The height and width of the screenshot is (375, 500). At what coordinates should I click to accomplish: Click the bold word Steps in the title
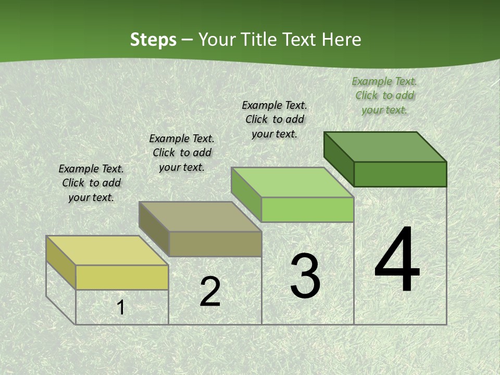tap(153, 40)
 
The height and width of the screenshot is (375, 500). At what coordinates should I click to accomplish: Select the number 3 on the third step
tap(305, 276)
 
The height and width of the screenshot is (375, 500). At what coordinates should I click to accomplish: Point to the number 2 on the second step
tap(210, 292)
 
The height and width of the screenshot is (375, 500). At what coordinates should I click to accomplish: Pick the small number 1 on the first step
tap(121, 308)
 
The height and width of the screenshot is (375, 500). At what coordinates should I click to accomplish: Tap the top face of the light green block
tap(293, 182)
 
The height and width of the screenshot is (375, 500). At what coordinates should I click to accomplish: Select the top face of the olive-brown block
tap(200, 217)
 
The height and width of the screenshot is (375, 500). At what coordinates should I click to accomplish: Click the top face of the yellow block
tap(107, 251)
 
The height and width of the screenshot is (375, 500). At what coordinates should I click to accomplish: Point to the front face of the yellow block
tap(122, 277)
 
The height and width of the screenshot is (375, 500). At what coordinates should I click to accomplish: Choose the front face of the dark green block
tap(400, 174)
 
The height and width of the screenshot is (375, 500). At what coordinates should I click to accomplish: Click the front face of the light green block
tap(307, 209)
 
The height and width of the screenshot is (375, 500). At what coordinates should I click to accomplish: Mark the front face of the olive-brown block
tap(215, 244)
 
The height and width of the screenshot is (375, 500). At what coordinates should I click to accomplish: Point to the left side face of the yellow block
tap(61, 261)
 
